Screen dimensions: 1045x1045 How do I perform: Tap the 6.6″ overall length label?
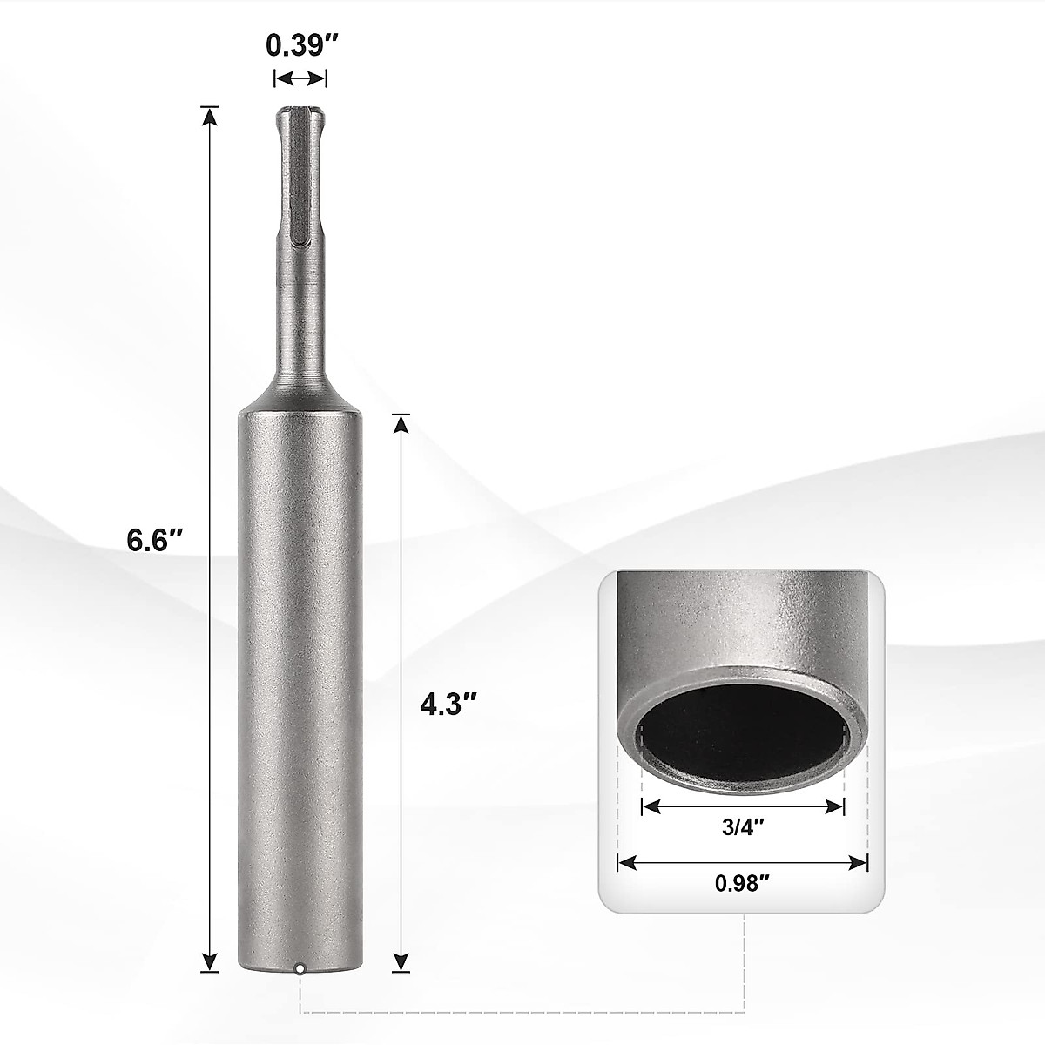click(x=155, y=540)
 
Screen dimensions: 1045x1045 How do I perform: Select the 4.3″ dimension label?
click(x=448, y=703)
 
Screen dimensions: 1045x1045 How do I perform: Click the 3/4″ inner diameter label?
click(x=743, y=828)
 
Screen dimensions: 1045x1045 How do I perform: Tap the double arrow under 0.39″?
click(x=300, y=78)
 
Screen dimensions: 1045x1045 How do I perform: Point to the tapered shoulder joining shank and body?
click(x=300, y=396)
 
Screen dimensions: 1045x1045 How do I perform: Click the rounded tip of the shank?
click(x=300, y=113)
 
